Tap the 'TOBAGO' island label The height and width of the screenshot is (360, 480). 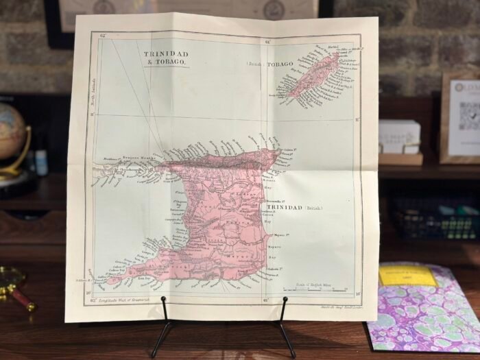point(279,64)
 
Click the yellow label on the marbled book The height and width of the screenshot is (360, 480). point(407,276)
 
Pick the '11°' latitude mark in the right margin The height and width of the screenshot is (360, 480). point(357,119)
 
